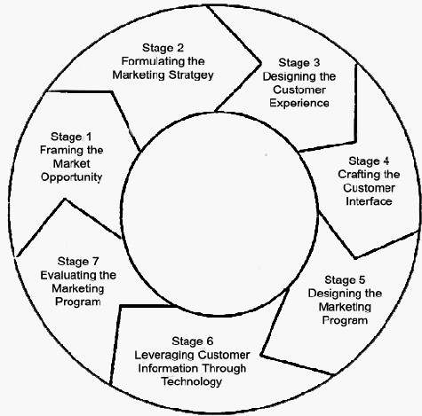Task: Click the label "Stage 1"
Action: point(71,137)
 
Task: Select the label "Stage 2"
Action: point(163,48)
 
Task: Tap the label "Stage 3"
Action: point(299,63)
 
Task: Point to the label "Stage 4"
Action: point(369,161)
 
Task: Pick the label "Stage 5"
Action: point(345,279)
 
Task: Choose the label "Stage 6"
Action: point(192,341)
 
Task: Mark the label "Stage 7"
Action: point(78,262)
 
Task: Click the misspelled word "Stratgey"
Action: point(191,75)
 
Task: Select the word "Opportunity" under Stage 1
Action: point(71,177)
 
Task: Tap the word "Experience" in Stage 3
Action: point(299,103)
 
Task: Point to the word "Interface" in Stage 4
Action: point(369,201)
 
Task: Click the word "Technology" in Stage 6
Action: point(192,381)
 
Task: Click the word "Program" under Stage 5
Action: point(345,320)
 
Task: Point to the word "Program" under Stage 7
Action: point(78,302)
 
